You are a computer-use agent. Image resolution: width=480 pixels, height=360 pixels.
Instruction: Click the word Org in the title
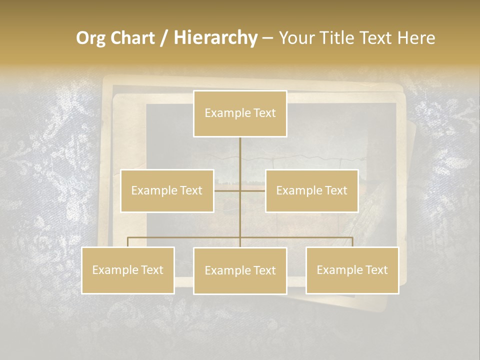[x=92, y=38]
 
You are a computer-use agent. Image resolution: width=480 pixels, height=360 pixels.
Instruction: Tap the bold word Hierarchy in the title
[x=215, y=38]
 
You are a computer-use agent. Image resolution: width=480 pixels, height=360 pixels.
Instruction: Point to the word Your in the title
[x=296, y=38]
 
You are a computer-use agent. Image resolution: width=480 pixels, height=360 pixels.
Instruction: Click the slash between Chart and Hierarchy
[x=164, y=38]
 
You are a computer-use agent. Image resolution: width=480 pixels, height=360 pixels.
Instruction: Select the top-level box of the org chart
[x=240, y=113]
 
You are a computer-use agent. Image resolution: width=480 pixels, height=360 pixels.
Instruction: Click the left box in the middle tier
[x=167, y=190]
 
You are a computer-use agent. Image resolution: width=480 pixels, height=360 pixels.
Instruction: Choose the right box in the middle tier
[x=311, y=190]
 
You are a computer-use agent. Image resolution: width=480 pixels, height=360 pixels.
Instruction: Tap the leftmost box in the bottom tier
[x=128, y=270]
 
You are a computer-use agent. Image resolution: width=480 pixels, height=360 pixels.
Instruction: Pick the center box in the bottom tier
[x=240, y=270]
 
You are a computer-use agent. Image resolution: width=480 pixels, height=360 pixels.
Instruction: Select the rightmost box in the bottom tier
[x=352, y=270]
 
